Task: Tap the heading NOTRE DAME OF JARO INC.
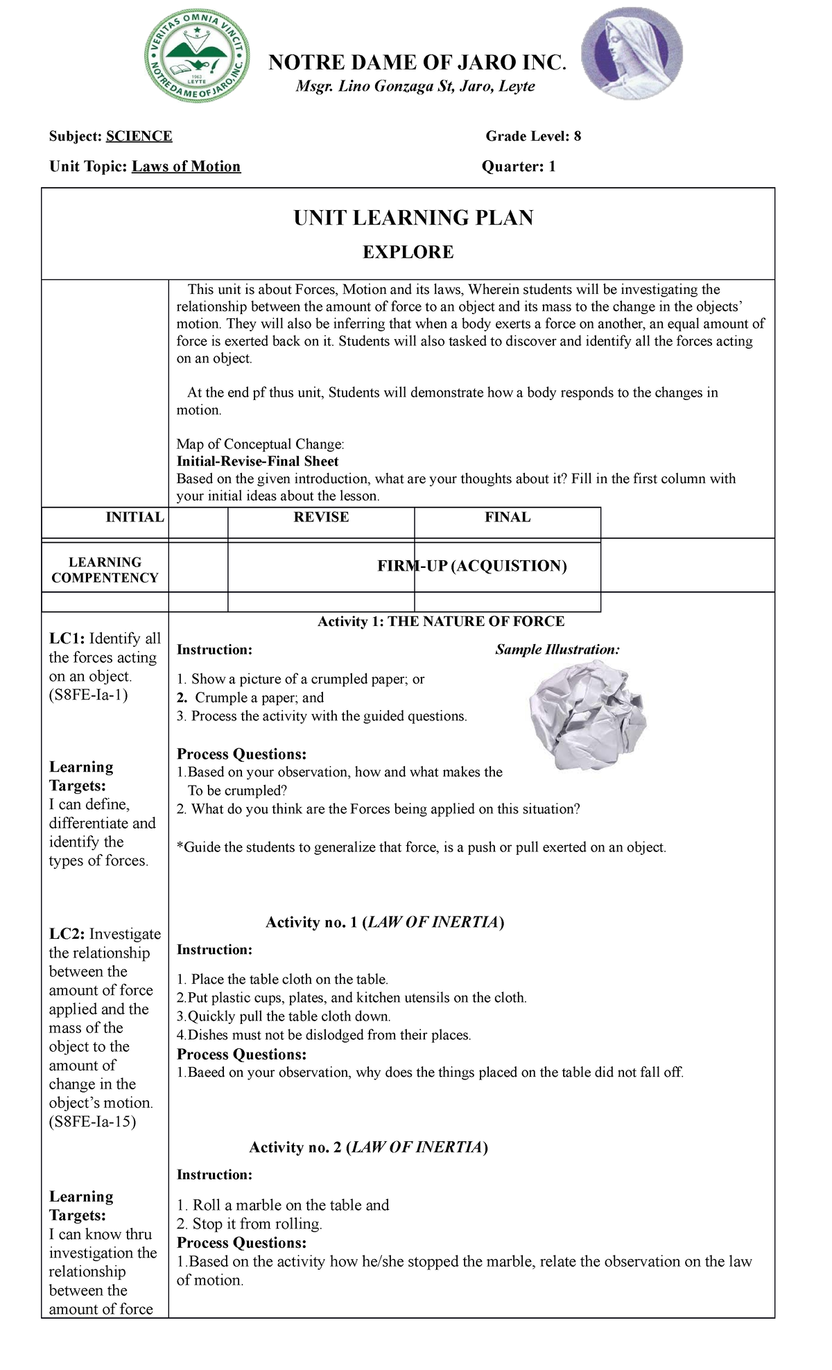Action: pyautogui.click(x=417, y=63)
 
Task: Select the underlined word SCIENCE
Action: pyautogui.click(x=139, y=137)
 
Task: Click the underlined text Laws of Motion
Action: pyautogui.click(x=187, y=167)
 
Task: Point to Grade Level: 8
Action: pyautogui.click(x=533, y=137)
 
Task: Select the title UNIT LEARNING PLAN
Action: pyautogui.click(x=413, y=218)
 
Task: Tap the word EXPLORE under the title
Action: pyautogui.click(x=408, y=252)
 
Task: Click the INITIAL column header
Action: pyautogui.click(x=135, y=517)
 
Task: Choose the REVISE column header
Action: pyautogui.click(x=321, y=517)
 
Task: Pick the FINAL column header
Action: pyautogui.click(x=508, y=517)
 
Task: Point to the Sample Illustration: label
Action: pyautogui.click(x=557, y=650)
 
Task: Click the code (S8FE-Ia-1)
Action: pyautogui.click(x=89, y=695)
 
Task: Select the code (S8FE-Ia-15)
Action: pyautogui.click(x=92, y=1122)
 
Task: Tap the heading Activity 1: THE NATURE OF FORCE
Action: pyautogui.click(x=441, y=622)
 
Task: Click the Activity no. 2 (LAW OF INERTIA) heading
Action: pyautogui.click(x=368, y=1147)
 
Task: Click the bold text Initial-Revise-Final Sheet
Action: pyautogui.click(x=257, y=462)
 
